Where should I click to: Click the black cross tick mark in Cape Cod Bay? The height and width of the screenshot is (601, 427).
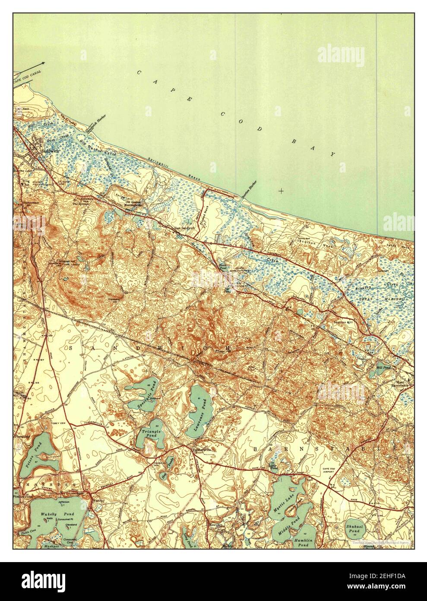click(282, 191)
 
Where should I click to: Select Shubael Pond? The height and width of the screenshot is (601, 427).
click(357, 528)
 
